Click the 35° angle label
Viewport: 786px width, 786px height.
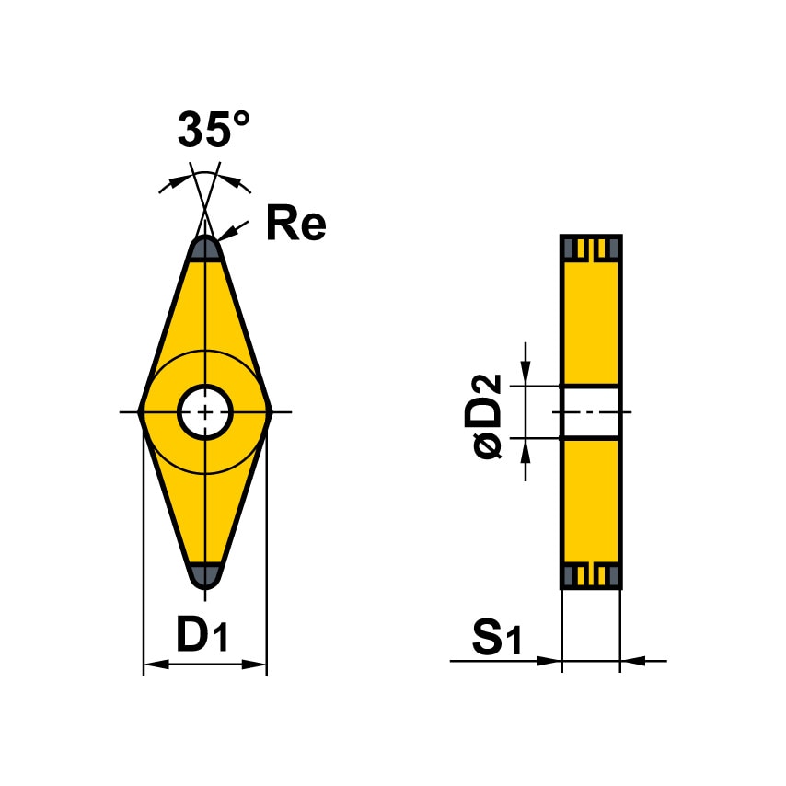point(214,130)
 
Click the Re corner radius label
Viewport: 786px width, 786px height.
point(295,224)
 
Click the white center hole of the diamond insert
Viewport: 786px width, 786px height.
point(205,412)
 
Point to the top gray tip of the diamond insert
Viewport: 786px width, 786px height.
point(205,249)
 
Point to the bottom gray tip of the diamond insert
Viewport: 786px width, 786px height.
point(205,574)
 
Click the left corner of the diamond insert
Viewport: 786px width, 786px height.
point(142,412)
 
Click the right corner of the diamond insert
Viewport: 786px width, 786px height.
point(269,412)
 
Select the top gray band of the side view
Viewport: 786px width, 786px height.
point(590,249)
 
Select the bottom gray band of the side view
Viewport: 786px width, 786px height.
point(590,576)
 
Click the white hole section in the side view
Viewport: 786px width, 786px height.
point(590,411)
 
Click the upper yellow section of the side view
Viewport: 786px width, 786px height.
point(590,322)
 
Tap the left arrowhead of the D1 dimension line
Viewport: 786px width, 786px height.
point(154,663)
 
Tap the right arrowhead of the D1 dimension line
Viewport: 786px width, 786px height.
point(257,663)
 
